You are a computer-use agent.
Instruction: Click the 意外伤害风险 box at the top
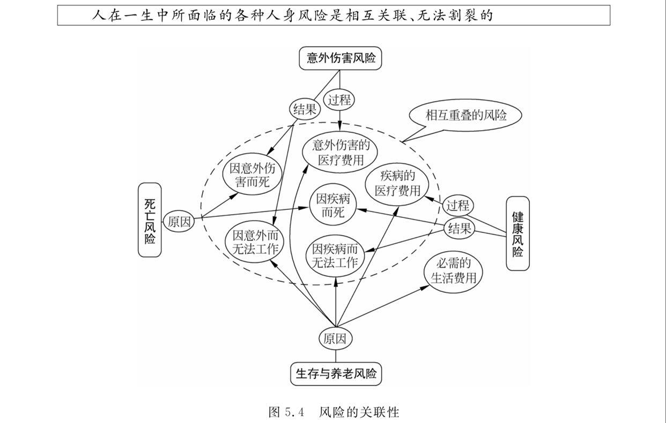(x=341, y=58)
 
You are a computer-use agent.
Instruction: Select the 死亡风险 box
(x=150, y=220)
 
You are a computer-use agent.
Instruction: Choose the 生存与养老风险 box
(x=336, y=373)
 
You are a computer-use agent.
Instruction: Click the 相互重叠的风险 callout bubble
(x=465, y=115)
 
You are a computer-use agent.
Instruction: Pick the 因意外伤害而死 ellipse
(x=251, y=175)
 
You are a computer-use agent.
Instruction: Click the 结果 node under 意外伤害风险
(x=305, y=110)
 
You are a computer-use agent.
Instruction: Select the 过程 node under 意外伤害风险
(x=339, y=99)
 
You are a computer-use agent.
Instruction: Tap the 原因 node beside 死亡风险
(x=179, y=222)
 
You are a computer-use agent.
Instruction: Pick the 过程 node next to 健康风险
(x=458, y=206)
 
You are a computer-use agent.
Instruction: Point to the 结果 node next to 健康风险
(x=460, y=229)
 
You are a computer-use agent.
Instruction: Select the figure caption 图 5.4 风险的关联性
(x=334, y=412)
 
